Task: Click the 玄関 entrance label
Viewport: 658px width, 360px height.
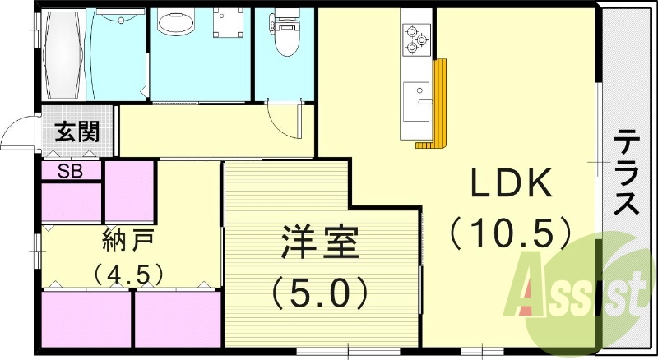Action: (x=78, y=132)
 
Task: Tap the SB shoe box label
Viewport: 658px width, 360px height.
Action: (x=69, y=171)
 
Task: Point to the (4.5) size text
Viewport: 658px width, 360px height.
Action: (x=128, y=272)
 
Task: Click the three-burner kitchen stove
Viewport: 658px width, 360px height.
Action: (x=415, y=38)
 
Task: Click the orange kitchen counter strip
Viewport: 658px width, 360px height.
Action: (x=439, y=107)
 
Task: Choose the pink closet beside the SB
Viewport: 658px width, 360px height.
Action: (x=129, y=191)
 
